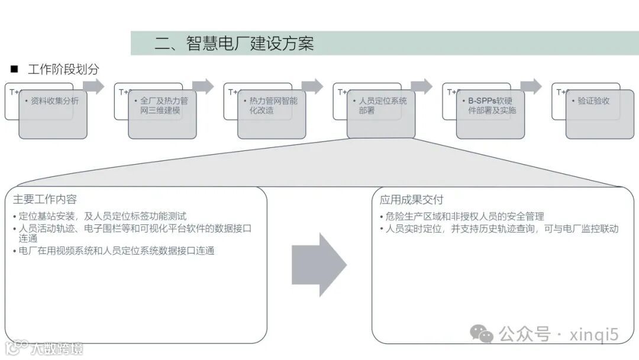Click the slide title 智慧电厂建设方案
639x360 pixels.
pyautogui.click(x=234, y=43)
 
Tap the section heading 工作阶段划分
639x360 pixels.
pyautogui.click(x=63, y=69)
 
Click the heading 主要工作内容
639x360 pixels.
pyautogui.click(x=45, y=199)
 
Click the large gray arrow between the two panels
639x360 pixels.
pyautogui.click(x=318, y=264)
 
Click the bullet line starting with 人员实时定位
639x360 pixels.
pyautogui.click(x=499, y=229)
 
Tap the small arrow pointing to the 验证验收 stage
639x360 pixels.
pyautogui.click(x=531, y=86)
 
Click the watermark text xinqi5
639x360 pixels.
pyautogui.click(x=593, y=335)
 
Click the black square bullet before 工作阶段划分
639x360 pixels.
pyautogui.click(x=14, y=69)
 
